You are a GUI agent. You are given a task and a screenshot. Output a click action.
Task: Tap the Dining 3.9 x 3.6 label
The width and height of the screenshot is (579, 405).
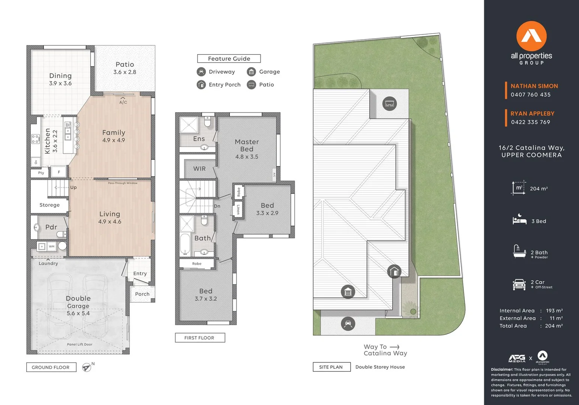60,79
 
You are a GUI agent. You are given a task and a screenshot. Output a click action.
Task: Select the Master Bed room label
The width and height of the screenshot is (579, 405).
247,145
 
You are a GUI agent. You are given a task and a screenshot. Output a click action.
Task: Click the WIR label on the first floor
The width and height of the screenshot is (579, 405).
199,169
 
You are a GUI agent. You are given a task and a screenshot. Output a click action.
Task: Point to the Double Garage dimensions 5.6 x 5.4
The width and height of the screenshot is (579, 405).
78,313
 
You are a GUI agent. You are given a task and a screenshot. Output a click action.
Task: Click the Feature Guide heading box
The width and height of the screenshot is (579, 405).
229,58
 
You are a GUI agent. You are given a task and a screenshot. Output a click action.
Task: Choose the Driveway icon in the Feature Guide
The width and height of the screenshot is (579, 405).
201,72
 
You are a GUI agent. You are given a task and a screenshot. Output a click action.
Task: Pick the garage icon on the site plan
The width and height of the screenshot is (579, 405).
348,292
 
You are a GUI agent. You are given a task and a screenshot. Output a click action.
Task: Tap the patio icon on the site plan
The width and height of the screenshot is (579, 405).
390,104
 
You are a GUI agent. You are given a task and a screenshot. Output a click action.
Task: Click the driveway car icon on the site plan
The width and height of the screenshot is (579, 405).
348,324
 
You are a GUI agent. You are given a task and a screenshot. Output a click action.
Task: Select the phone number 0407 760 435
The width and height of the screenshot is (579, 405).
531,95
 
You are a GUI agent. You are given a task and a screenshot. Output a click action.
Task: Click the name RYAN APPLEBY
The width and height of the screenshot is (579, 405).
532,114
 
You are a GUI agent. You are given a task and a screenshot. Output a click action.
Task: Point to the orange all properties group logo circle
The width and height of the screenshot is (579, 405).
531,36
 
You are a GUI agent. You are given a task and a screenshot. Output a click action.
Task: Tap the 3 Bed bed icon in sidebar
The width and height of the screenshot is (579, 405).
519,220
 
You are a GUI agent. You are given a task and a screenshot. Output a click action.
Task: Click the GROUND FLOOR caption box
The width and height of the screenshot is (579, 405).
51,367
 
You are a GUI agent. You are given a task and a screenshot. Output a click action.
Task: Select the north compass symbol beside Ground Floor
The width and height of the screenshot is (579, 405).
87,367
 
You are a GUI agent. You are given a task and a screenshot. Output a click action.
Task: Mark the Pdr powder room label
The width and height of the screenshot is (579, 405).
51,227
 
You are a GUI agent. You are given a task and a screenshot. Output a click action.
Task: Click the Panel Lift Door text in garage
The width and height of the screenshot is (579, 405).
79,344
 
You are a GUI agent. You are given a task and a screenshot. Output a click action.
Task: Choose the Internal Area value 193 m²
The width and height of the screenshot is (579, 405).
554,311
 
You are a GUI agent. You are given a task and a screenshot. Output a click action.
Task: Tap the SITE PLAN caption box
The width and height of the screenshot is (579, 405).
331,367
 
